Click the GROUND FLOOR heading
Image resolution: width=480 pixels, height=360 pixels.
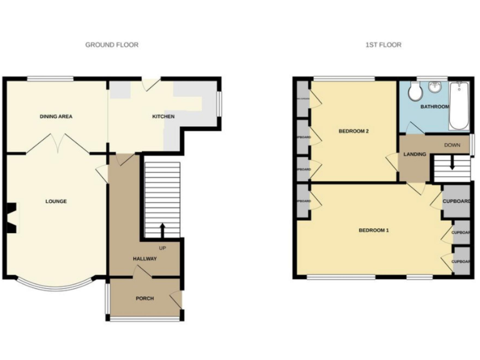click(112, 45)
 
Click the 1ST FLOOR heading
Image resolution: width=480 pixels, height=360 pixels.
click(383, 45)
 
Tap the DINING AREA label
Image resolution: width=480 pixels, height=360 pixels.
click(56, 117)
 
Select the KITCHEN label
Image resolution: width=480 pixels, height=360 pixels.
click(164, 117)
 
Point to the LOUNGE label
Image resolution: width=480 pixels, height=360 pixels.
click(56, 201)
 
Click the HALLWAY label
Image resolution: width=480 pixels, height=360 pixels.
click(144, 259)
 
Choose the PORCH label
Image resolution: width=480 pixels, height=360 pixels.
click(144, 298)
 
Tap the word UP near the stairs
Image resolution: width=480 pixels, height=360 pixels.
click(162, 247)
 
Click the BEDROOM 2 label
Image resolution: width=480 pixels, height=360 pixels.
click(354, 131)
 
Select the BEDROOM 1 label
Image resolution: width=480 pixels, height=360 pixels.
click(373, 230)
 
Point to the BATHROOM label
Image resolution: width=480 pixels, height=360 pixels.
click(434, 107)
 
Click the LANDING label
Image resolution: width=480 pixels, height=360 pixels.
click(415, 154)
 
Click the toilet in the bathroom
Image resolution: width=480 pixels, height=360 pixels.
click(413, 92)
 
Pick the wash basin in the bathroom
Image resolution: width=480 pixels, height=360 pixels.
click(436, 87)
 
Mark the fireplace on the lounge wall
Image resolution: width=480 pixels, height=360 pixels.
click(11, 217)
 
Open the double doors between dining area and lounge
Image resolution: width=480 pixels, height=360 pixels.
click(57, 147)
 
